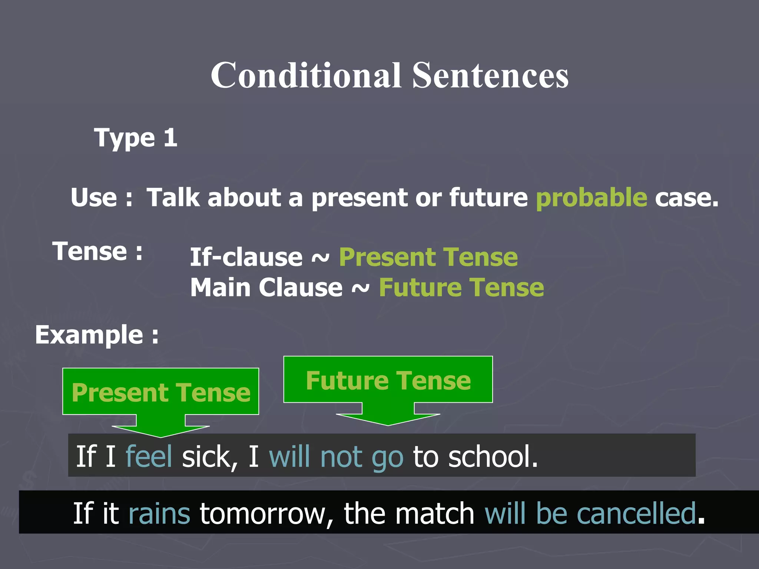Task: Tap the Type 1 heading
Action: click(136, 138)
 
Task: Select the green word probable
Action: click(591, 197)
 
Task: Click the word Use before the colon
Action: click(94, 197)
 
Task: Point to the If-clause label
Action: click(246, 257)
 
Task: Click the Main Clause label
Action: click(266, 287)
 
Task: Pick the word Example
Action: click(89, 335)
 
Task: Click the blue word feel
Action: click(149, 456)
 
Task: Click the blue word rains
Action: click(159, 513)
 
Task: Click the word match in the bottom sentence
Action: click(434, 513)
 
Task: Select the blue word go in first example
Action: click(387, 458)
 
